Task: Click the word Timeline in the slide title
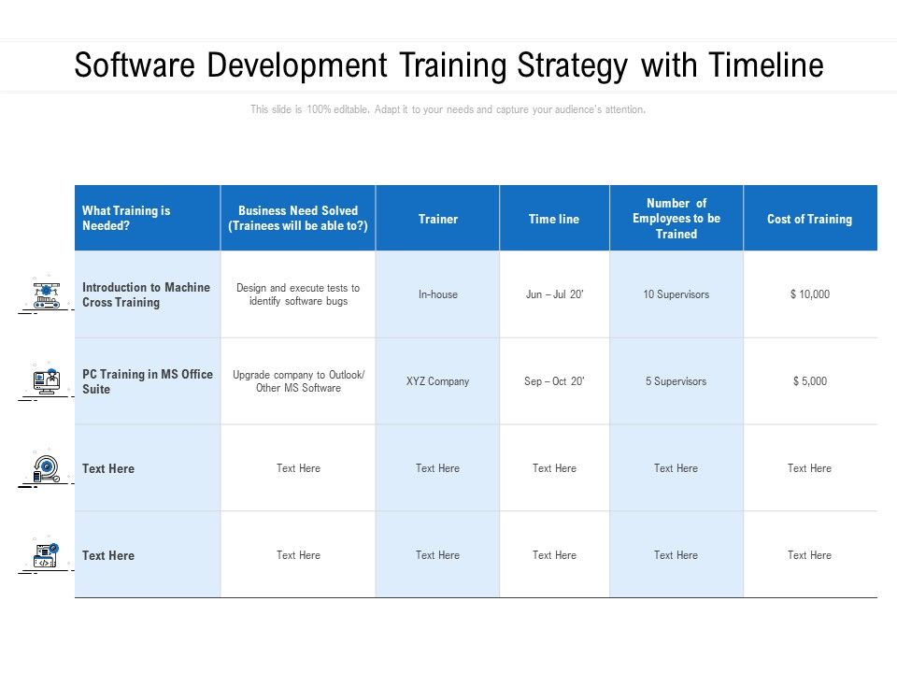766,66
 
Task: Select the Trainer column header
437,219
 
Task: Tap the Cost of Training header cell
809,219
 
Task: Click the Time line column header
554,219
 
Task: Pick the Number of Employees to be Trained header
676,219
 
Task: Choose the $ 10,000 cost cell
809,294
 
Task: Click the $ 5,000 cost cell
809,381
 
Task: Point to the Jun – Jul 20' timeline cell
554,294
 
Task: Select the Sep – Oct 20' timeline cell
554,381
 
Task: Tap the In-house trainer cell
437,294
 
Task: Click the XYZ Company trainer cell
437,381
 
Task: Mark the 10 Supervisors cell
676,294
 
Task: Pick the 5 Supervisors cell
676,381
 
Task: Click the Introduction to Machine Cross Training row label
146,294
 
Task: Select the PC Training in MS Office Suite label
147,381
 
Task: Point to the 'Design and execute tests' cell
298,294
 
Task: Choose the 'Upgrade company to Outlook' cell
298,381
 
